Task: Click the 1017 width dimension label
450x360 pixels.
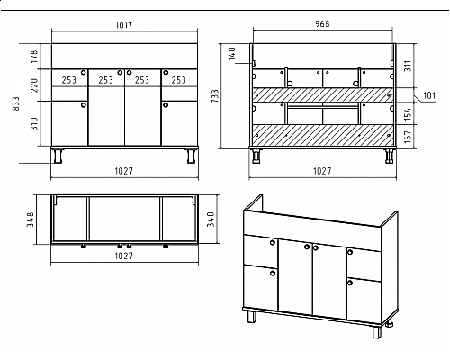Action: pyautogui.click(x=124, y=24)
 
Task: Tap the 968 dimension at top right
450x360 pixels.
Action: pyautogui.click(x=322, y=24)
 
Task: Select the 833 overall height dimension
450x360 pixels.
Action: pyautogui.click(x=16, y=103)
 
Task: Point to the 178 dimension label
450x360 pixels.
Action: pyautogui.click(x=34, y=57)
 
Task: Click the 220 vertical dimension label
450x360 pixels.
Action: pyautogui.click(x=34, y=85)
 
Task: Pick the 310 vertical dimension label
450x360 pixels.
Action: pyautogui.click(x=34, y=123)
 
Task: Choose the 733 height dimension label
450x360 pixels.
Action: pyautogui.click(x=215, y=96)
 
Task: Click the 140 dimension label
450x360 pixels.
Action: pyautogui.click(x=232, y=53)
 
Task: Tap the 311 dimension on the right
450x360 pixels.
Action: pyautogui.click(x=408, y=66)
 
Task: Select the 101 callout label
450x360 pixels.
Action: pyautogui.click(x=429, y=95)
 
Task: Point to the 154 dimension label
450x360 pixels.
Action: pyautogui.click(x=408, y=114)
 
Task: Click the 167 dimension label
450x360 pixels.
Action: pyautogui.click(x=408, y=137)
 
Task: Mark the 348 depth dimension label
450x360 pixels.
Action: pyautogui.click(x=31, y=220)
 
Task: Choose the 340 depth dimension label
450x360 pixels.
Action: pyautogui.click(x=211, y=220)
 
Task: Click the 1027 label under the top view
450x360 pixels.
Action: pyautogui.click(x=124, y=256)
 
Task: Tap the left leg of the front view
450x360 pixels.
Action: pyautogui.click(x=58, y=156)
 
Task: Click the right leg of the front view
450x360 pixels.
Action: pyautogui.click(x=191, y=156)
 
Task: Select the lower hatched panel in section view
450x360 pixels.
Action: pyautogui.click(x=322, y=135)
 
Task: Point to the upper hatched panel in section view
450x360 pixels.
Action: pyautogui.click(x=322, y=94)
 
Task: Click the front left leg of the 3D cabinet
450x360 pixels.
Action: pyautogui.click(x=252, y=317)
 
